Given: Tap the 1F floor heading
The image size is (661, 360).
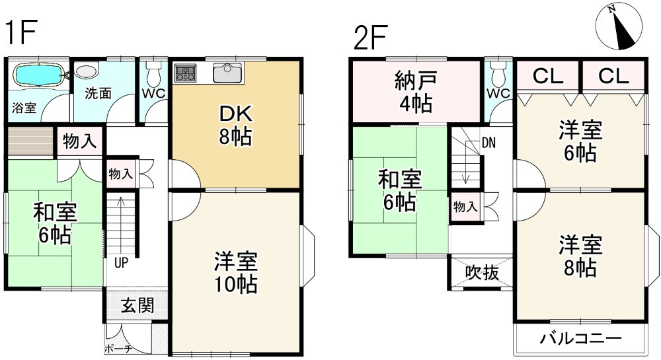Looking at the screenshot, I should [21, 33].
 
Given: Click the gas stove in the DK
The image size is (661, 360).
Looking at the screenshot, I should [186, 73].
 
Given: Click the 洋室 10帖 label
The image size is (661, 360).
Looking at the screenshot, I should [235, 273].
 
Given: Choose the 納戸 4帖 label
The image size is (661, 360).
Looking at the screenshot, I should [414, 92].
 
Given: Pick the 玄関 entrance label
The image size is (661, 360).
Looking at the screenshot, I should [137, 305].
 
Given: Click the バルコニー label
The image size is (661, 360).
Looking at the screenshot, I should [580, 340].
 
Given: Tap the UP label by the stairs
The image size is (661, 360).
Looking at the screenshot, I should [121, 262].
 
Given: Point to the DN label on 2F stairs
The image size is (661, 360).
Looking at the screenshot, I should [488, 142].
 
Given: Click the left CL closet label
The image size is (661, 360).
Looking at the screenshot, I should [548, 76].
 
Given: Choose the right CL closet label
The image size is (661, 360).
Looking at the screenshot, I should [613, 76].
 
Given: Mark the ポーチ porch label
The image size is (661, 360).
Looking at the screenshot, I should [119, 349].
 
